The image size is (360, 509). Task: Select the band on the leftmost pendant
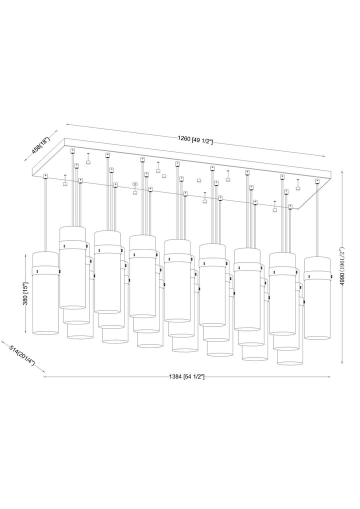(45, 270)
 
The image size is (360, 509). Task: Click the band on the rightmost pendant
(318, 275)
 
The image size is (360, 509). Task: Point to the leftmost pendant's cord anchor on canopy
(45, 175)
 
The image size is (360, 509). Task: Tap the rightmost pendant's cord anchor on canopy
(317, 180)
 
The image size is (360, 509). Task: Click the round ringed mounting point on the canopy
(134, 184)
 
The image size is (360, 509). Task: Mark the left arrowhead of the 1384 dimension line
(45, 376)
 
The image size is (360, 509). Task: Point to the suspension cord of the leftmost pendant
(45, 215)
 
